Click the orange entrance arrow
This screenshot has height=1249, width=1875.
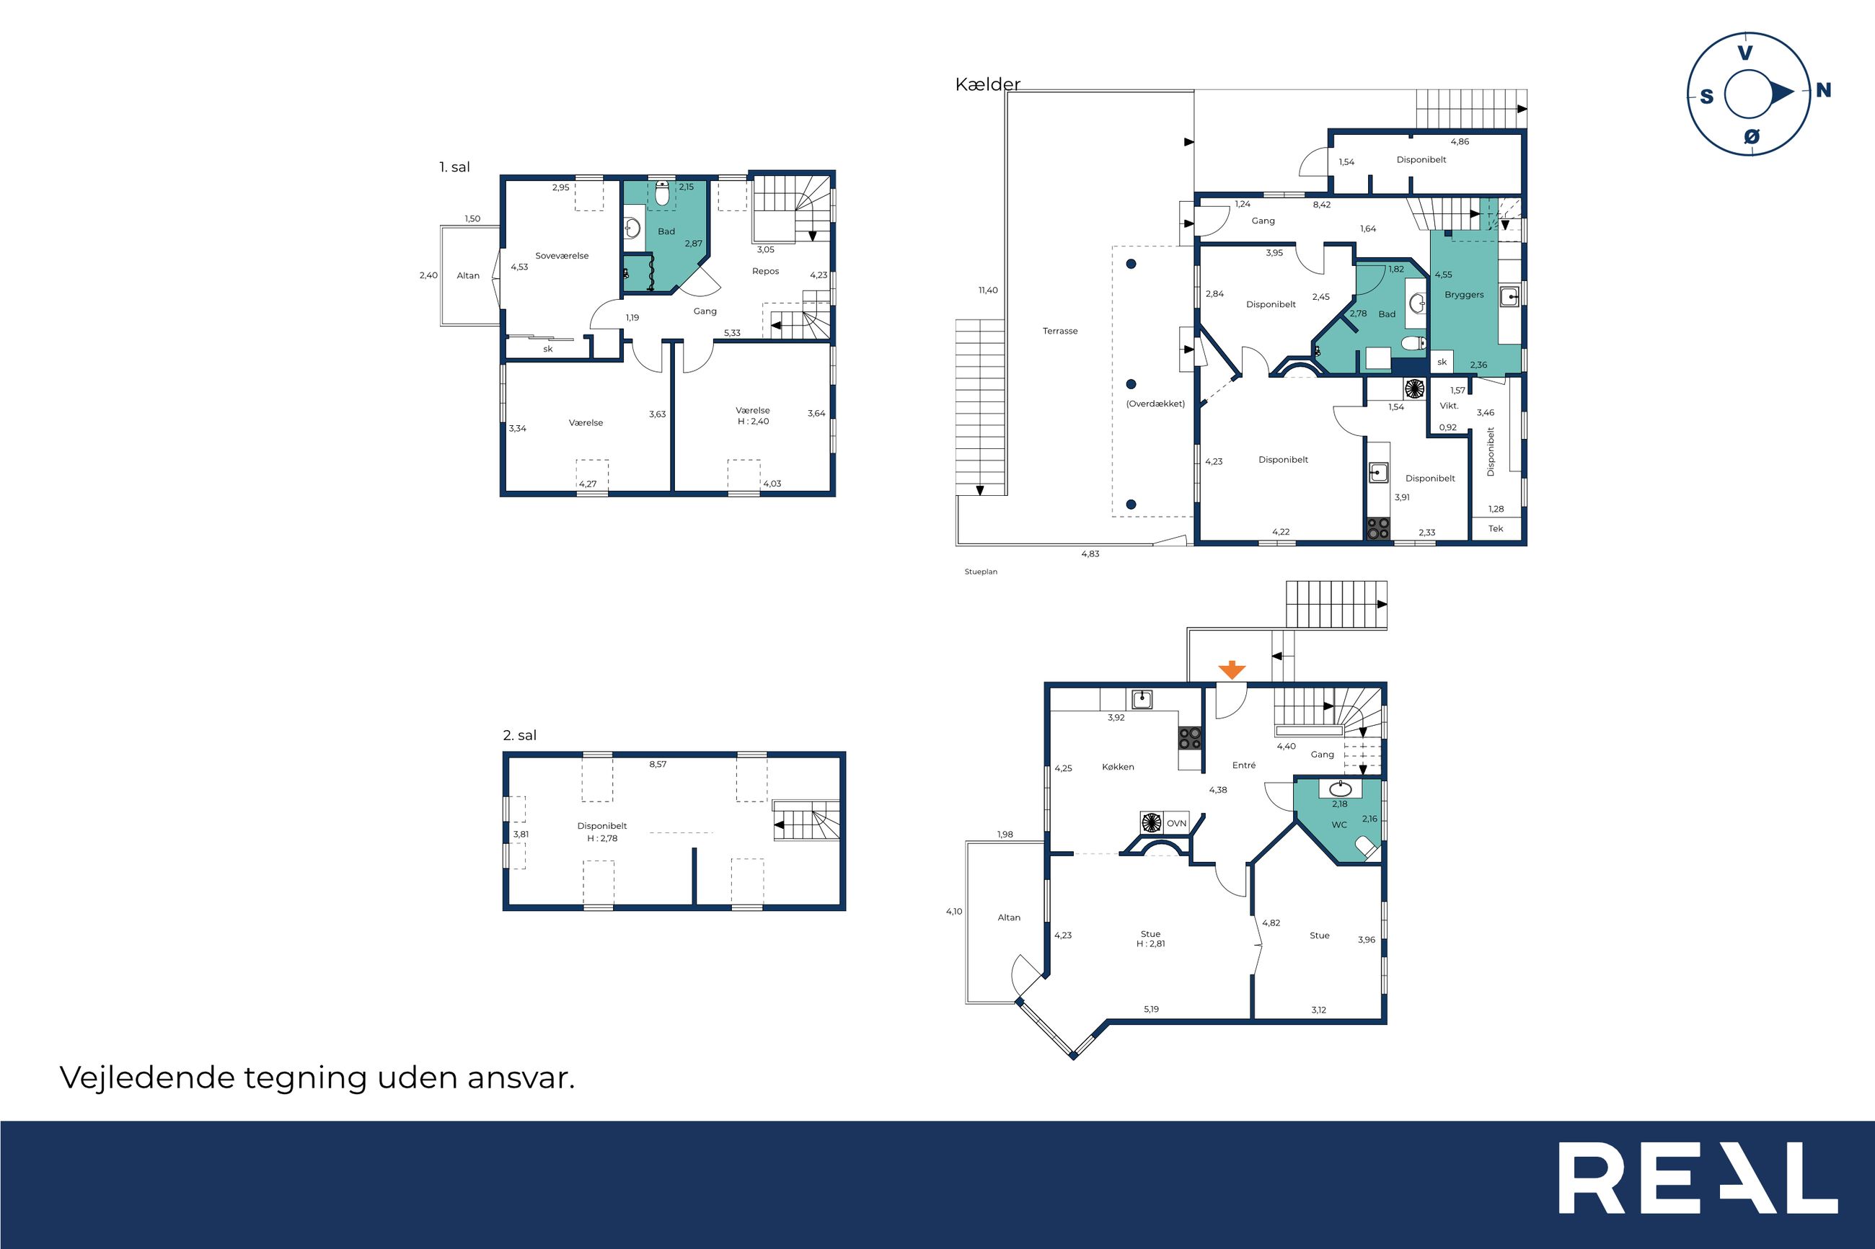click(x=1232, y=670)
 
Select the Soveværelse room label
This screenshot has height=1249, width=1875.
click(x=562, y=256)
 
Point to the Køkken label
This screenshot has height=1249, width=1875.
click(x=1118, y=766)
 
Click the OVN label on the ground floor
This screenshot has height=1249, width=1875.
click(x=1176, y=824)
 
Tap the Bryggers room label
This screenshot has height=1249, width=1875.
click(x=1464, y=295)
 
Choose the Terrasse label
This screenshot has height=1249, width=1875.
click(x=1060, y=331)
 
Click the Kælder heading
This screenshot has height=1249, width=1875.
click(x=988, y=84)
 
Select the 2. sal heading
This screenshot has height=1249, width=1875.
click(x=519, y=735)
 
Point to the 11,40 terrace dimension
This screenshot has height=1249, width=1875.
click(x=988, y=290)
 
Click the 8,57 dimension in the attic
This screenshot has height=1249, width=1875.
click(x=658, y=764)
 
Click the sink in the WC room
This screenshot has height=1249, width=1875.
click(x=1341, y=789)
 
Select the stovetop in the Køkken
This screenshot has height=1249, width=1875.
click(x=1191, y=739)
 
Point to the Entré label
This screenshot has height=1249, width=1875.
click(x=1244, y=765)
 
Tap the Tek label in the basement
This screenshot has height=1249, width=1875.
click(x=1496, y=528)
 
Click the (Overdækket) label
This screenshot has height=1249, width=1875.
click(x=1155, y=404)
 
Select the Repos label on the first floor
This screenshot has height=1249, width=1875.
click(x=766, y=271)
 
